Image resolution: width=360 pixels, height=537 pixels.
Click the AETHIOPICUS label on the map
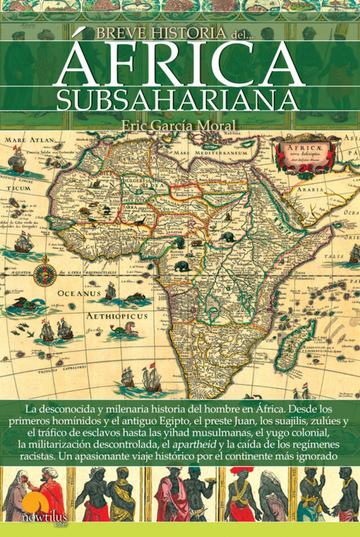[117, 316]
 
